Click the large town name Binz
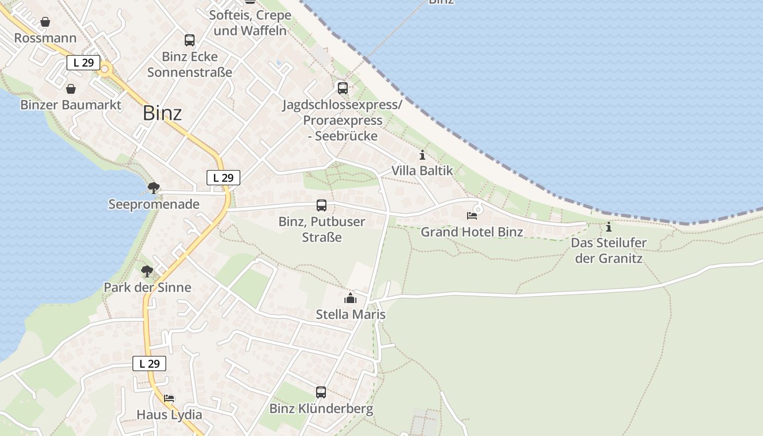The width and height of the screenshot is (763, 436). [162, 113]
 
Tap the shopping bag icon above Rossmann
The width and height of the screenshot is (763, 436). [45, 22]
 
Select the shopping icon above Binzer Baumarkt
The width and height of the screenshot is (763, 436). [71, 88]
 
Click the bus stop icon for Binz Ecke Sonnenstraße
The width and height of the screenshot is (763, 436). [190, 40]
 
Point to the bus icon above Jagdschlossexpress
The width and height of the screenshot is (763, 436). [342, 88]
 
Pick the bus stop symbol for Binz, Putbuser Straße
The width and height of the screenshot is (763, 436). [322, 205]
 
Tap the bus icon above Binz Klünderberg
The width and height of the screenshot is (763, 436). [321, 392]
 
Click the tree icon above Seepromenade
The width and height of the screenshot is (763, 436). [154, 188]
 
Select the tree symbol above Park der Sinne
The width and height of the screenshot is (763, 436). [147, 271]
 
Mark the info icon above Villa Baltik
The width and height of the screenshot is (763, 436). [422, 155]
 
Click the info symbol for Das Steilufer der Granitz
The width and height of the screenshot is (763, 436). [609, 227]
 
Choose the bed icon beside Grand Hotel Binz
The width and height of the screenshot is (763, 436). [472, 216]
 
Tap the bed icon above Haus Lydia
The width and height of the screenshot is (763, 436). [169, 398]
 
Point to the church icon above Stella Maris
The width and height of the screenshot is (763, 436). [350, 298]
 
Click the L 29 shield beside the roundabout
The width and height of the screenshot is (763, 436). [83, 63]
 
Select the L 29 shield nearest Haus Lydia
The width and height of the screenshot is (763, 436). [149, 364]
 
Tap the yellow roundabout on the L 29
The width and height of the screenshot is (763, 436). [105, 69]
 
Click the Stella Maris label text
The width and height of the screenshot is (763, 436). [350, 314]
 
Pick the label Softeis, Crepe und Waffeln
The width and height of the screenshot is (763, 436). [250, 23]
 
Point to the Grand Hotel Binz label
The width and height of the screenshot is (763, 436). [472, 232]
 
